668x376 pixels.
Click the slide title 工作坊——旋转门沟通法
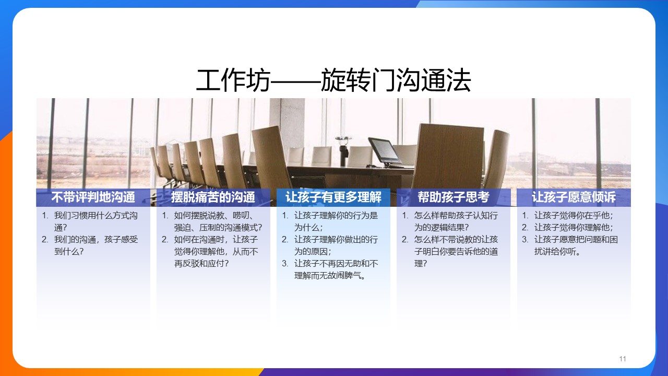click(x=333, y=80)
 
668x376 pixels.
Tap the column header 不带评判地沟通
click(x=93, y=197)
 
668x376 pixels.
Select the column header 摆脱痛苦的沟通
click(x=213, y=197)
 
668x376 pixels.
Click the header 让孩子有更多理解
click(x=333, y=197)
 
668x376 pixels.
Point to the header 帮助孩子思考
click(x=454, y=197)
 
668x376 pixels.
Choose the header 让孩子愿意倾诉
click(x=574, y=197)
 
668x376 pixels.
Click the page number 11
click(x=623, y=359)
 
